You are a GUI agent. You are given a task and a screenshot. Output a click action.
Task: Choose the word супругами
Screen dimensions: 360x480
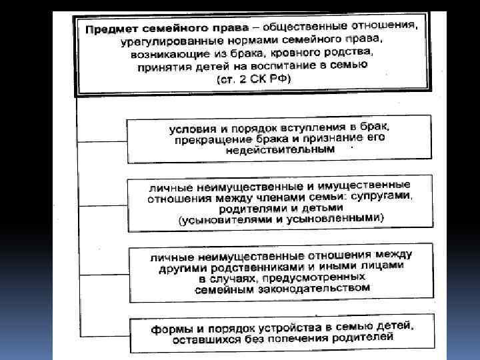(x=381, y=195)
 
